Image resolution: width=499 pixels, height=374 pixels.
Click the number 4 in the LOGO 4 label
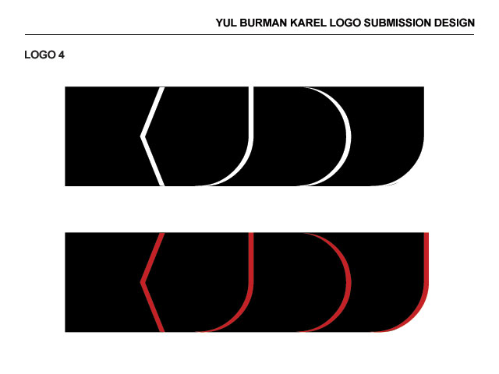point(61,55)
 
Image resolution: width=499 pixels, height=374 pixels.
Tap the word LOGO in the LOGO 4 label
point(40,55)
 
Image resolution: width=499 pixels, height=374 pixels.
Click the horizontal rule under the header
point(249,34)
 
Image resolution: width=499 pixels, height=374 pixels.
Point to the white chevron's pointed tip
point(142,136)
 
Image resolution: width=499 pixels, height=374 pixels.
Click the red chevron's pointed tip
point(142,282)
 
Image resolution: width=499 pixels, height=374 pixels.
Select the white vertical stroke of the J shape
point(251,113)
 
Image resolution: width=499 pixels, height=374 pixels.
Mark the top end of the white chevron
point(162,89)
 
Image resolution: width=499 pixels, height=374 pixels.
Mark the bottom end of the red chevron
point(161,330)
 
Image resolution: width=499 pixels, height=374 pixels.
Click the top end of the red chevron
point(161,235)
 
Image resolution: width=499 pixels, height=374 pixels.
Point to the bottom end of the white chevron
point(161,184)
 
